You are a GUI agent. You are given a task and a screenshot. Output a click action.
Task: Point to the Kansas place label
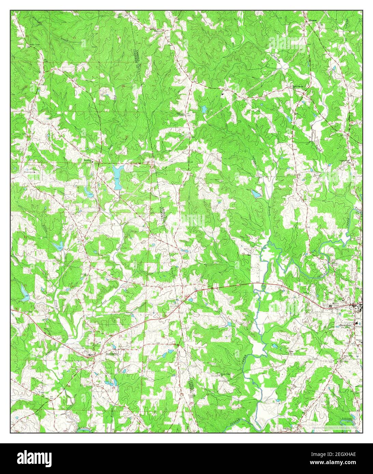[x=313, y=20]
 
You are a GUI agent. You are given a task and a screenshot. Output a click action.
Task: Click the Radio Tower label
[x=32, y=45]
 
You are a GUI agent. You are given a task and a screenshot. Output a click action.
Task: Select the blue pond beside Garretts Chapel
[x=204, y=109]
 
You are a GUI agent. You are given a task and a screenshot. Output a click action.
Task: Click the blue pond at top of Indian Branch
[x=256, y=194]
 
